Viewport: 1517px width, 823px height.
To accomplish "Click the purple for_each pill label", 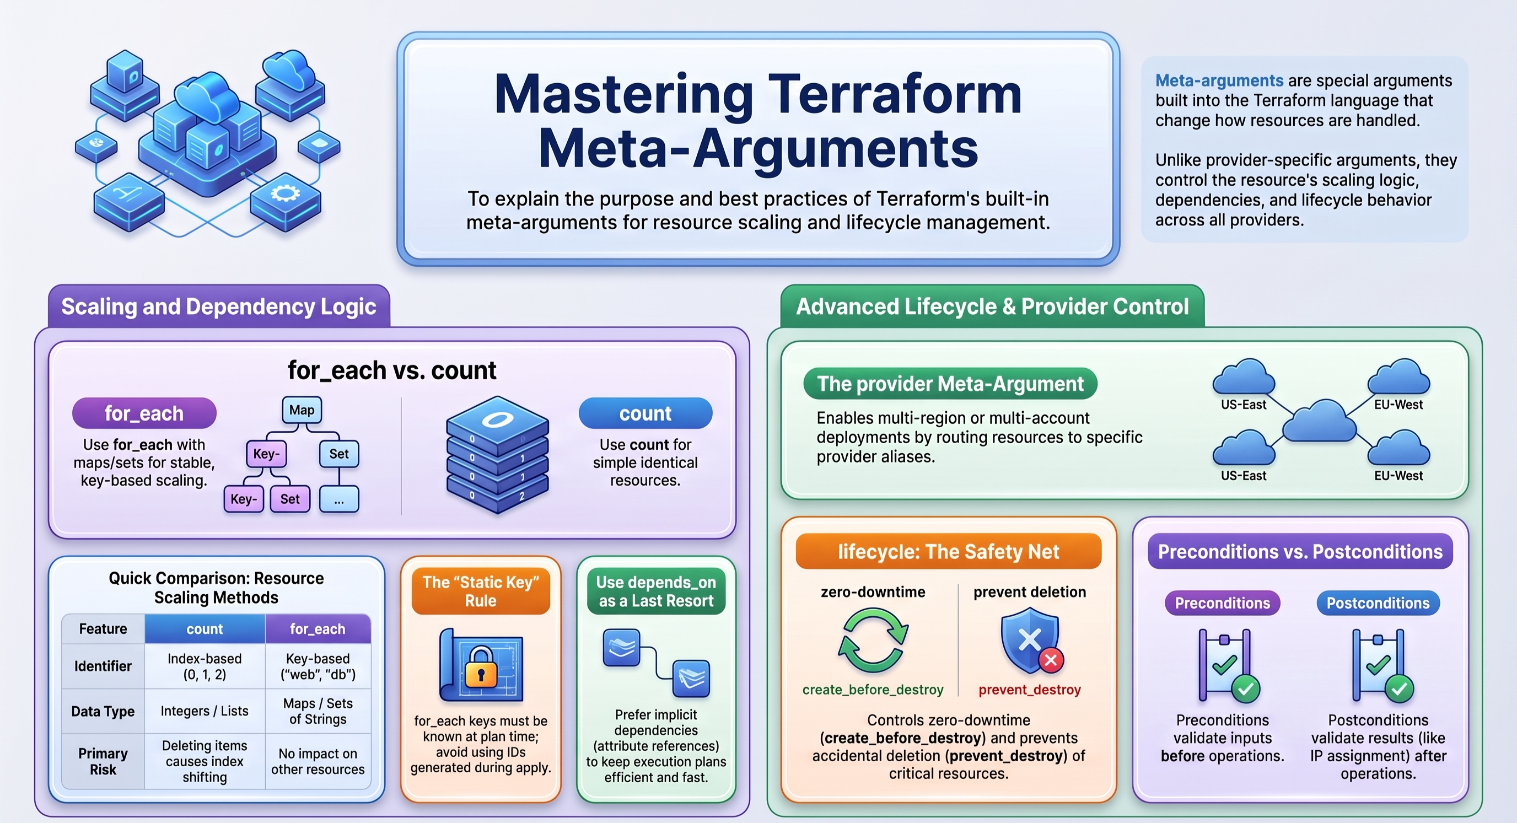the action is pos(144,413).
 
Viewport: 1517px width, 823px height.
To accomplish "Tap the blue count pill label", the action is pos(645,413).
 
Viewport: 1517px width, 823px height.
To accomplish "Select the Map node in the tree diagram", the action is pos(302,410).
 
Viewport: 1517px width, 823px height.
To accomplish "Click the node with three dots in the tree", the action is pos(338,500).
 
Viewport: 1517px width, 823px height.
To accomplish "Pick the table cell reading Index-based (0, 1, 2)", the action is pos(205,666).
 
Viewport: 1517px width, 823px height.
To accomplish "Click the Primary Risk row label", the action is pos(103,761).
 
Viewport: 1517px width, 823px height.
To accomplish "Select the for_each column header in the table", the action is pos(318,629).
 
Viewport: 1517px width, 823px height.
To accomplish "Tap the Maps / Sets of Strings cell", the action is pos(318,711).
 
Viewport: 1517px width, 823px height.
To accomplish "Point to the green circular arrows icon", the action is pos(873,641).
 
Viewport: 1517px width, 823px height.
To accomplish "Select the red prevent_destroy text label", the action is pos(1029,690).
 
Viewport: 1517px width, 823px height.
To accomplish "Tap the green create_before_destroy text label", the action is pos(873,690).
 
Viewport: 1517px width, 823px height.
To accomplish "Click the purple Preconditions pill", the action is pos(1223,603).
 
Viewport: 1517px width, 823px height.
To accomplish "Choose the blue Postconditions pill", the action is pos(1378,603).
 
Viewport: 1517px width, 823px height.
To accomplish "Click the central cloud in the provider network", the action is pos(1319,421).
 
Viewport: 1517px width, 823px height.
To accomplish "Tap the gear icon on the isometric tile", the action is pos(285,193).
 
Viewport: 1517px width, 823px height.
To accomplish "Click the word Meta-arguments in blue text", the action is pos(1219,80).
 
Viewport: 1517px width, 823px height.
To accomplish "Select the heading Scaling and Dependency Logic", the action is pos(218,306).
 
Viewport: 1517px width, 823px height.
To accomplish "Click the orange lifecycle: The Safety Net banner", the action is pos(948,551).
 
